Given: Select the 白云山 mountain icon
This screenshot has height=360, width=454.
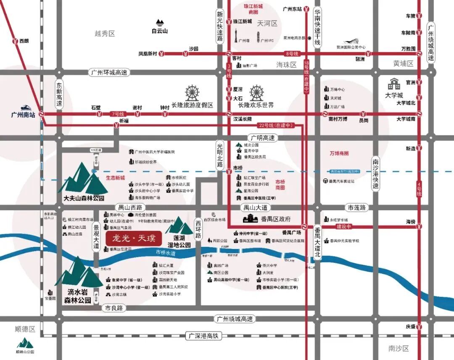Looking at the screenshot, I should pos(160,23).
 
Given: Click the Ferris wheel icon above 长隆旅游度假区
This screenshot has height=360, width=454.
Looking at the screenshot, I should pos(192,93).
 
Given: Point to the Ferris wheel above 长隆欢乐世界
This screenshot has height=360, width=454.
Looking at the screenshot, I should pos(256,93).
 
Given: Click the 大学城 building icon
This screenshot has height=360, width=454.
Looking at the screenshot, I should pos(394,84).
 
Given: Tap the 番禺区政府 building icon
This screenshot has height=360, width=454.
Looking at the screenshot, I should pos(251,218).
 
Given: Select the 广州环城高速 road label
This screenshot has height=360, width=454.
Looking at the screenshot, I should pos(109,72).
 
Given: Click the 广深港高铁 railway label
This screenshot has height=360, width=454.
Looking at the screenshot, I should pos(204,336).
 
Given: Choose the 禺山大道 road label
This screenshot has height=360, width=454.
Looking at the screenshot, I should pos(255,208).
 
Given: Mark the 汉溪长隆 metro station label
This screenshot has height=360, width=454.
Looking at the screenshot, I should pos(243,119).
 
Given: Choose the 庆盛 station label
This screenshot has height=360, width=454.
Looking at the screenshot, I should pos(411,327).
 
